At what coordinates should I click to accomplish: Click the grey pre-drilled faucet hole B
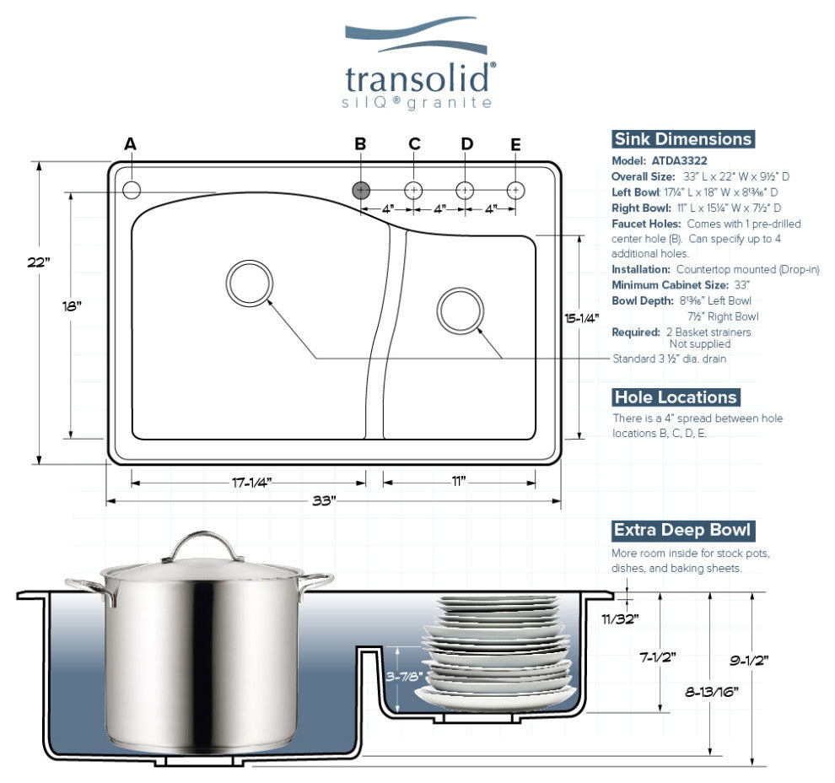tap(360, 190)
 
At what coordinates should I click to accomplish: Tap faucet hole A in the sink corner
tap(132, 190)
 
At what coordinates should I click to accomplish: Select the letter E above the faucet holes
tap(516, 144)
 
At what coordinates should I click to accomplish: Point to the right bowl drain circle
tap(460, 310)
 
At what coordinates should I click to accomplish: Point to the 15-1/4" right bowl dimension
tap(581, 318)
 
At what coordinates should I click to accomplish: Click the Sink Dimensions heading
tap(682, 139)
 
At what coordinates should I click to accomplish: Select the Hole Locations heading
tap(676, 397)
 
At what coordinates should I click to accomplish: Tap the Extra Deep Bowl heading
tap(681, 531)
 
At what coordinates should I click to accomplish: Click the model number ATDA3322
tap(679, 160)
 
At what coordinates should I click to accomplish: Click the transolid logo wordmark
tap(419, 78)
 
